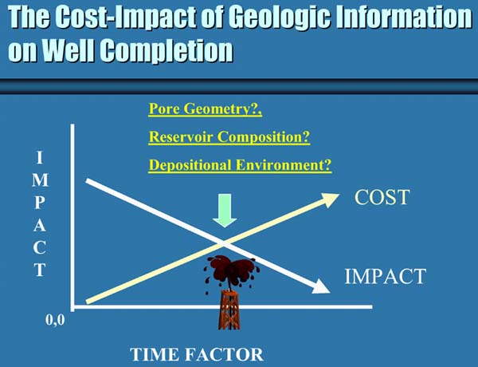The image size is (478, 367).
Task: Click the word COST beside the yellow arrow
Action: [x=382, y=197]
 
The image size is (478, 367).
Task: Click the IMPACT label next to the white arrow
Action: [x=385, y=276]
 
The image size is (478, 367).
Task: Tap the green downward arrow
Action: [x=225, y=211]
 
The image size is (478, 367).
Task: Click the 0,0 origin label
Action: [x=55, y=320]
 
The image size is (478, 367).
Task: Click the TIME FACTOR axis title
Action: [x=197, y=354]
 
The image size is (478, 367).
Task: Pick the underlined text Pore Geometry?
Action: [x=206, y=109]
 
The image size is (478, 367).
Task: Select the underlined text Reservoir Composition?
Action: [x=229, y=136]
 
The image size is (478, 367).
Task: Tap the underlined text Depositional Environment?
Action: [x=240, y=165]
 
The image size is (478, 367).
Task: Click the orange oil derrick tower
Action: [x=229, y=310]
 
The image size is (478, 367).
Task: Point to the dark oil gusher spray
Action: [x=232, y=270]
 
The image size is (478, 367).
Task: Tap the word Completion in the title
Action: [x=167, y=50]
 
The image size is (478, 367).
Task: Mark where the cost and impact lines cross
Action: [x=224, y=243]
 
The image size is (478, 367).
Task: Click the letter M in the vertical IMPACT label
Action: [x=41, y=180]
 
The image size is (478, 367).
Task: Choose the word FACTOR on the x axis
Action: [x=225, y=354]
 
